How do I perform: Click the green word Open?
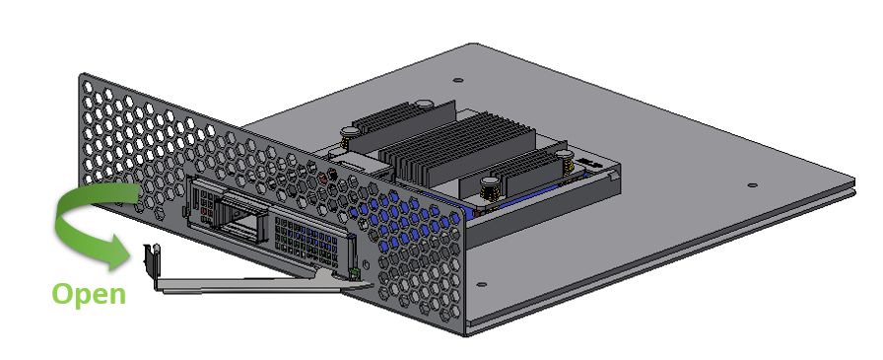point(89,295)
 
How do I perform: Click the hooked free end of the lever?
point(152,260)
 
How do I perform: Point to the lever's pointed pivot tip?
point(369,284)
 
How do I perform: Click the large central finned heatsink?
point(457,150)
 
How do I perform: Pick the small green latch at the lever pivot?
point(354,274)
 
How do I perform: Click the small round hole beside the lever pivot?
point(367,264)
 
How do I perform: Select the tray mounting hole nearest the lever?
point(482,284)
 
